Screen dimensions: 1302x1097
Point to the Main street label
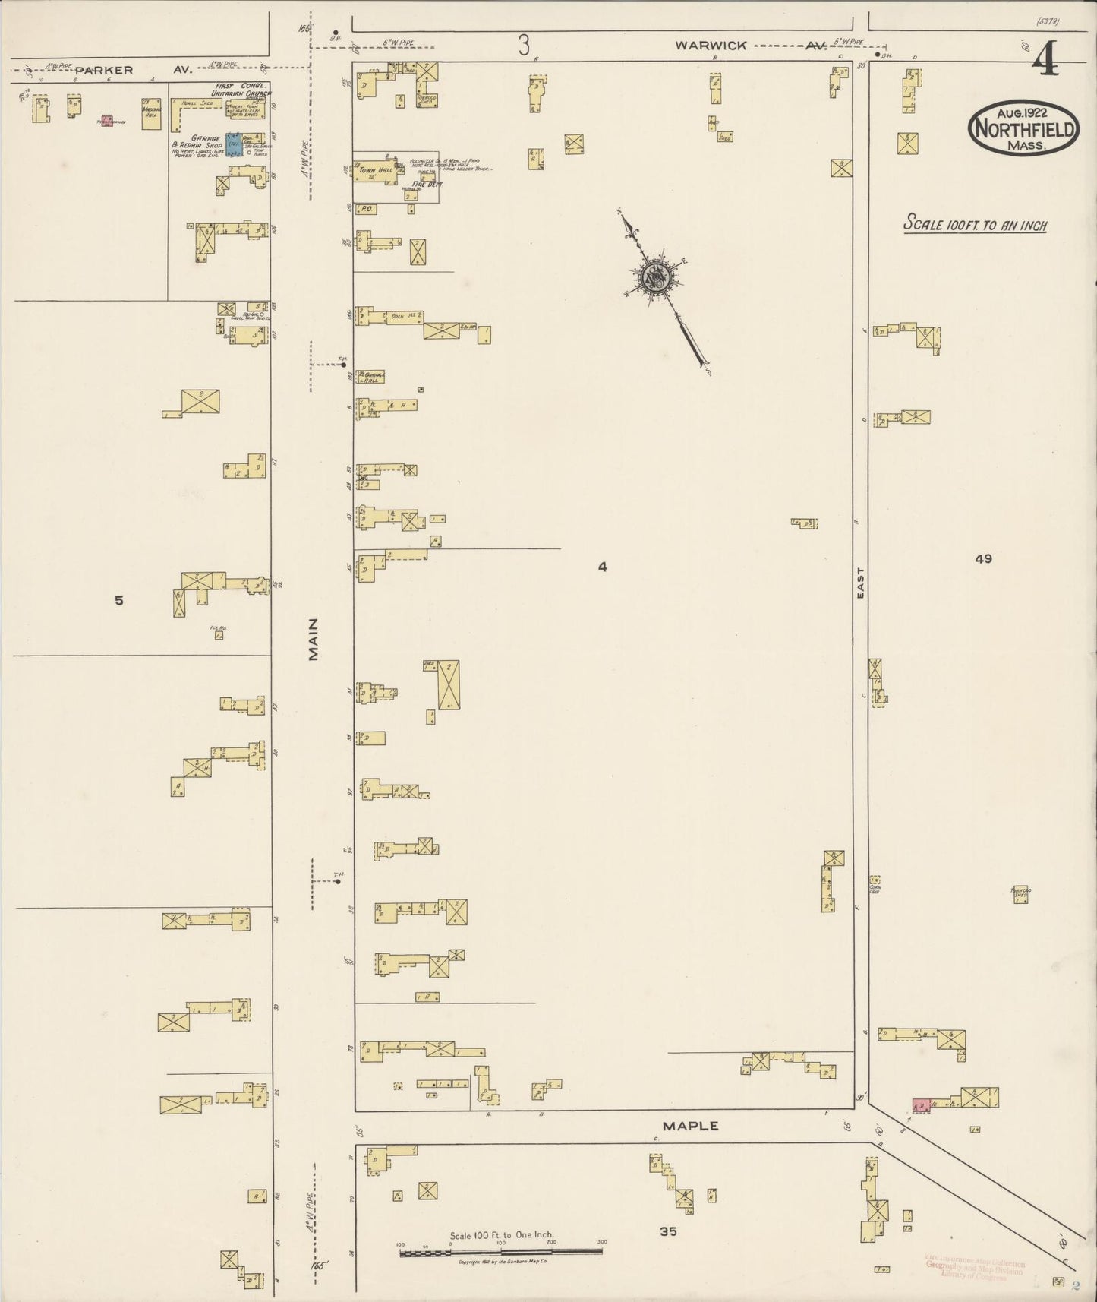click(x=314, y=640)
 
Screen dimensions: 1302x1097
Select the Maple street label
click(x=690, y=1126)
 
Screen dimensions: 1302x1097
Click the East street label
click(x=861, y=583)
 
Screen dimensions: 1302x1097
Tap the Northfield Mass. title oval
click(x=1023, y=129)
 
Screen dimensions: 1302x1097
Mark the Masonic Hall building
click(x=151, y=114)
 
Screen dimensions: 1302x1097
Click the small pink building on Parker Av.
click(x=106, y=120)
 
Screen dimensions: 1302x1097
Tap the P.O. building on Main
click(x=364, y=208)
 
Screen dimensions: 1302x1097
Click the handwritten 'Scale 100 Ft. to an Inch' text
click(x=975, y=225)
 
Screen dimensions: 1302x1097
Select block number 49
click(x=983, y=558)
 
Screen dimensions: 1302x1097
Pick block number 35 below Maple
click(x=668, y=1231)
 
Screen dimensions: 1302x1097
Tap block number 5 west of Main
click(x=118, y=600)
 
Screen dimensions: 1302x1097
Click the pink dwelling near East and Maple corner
click(x=921, y=1104)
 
